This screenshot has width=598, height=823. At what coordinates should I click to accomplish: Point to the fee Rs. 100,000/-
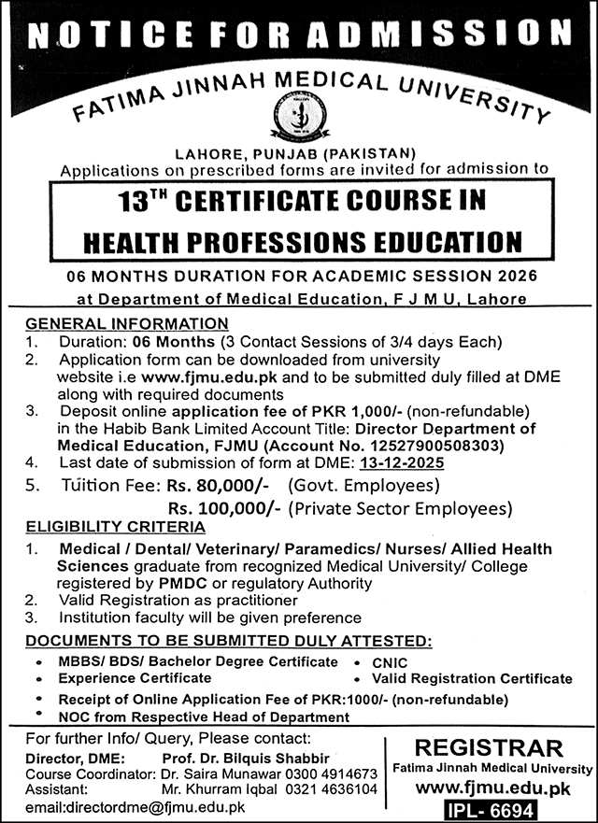click(224, 508)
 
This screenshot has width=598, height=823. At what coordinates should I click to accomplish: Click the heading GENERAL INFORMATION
click(126, 323)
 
